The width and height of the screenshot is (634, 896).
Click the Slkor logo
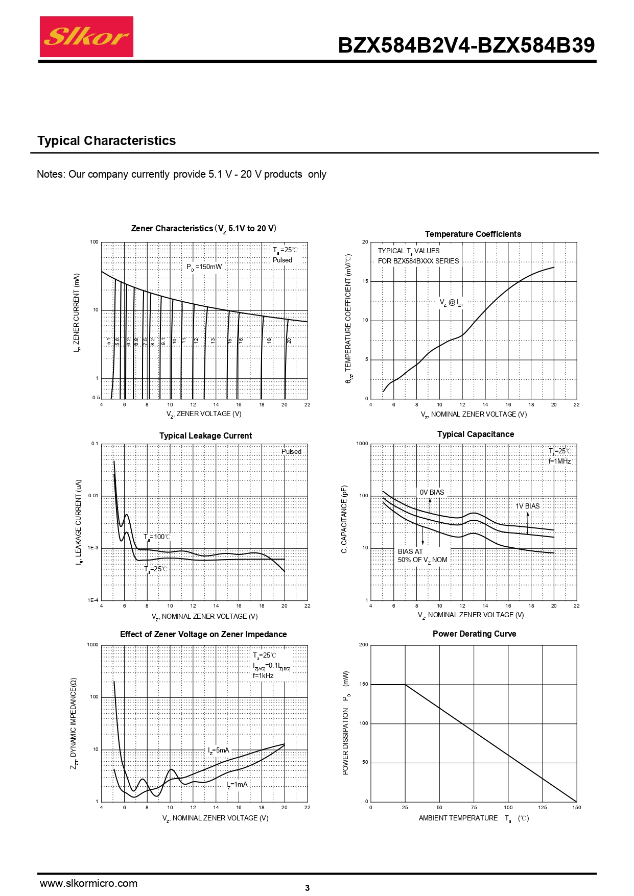point(86,37)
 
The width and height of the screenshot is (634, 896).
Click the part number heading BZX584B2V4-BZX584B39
point(466,45)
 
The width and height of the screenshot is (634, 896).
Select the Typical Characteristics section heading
point(106,141)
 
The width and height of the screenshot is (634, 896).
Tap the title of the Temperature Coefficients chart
point(473,234)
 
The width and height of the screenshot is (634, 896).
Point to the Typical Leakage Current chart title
point(205,435)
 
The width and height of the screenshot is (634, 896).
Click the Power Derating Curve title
point(474,634)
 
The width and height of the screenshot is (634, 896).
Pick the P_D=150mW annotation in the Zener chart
point(204,267)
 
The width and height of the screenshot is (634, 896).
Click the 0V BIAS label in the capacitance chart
point(432,492)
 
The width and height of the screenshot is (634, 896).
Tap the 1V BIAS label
point(527,506)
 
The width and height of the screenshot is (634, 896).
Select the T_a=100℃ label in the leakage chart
point(157,537)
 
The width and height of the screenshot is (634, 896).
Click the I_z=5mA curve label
point(219,750)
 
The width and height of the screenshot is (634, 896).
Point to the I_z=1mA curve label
point(237,785)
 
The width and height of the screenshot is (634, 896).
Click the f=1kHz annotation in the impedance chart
point(263,675)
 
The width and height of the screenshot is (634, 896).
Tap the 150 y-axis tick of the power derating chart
point(363,684)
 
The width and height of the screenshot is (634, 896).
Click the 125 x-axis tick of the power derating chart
point(543,807)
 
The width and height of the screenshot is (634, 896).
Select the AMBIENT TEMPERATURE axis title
point(458,818)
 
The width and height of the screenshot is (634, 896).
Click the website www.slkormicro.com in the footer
point(88,883)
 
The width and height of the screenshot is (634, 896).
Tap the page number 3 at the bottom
point(307,888)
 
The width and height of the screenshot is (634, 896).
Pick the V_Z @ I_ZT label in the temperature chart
point(452,303)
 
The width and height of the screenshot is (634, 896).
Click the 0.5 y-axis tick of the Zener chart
point(96,397)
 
